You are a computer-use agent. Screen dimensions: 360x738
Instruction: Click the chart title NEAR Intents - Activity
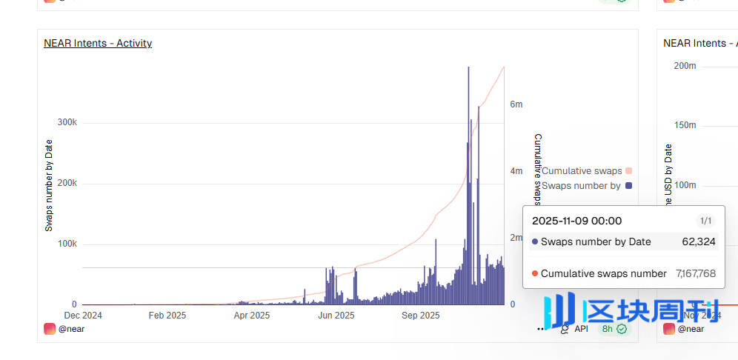98,43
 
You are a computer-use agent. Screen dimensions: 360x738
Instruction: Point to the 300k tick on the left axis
67,122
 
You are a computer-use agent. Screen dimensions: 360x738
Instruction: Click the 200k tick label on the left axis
67,183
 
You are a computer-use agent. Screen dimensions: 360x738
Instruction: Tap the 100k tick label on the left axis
67,244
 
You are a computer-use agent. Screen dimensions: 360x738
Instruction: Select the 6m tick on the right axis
516,104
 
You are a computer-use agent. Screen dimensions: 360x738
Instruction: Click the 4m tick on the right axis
516,171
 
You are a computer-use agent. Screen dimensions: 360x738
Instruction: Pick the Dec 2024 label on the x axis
83,315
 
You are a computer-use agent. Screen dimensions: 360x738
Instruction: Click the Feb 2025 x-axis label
167,315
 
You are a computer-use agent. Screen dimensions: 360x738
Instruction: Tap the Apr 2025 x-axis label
252,315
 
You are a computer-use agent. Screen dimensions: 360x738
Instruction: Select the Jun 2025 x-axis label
336,315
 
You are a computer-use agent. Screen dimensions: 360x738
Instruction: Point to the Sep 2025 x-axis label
421,315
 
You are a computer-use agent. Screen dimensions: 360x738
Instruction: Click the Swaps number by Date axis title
49,185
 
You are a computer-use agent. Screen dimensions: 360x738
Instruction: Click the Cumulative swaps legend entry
582,171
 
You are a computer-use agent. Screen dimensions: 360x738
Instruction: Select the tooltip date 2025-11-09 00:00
577,221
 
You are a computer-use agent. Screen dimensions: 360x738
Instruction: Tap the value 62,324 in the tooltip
699,241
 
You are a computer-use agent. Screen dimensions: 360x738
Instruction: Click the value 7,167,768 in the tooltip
696,273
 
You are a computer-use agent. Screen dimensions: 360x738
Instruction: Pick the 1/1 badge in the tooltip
705,221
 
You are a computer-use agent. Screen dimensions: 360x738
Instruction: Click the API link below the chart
581,328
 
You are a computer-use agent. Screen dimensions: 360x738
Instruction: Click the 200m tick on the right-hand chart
685,66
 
